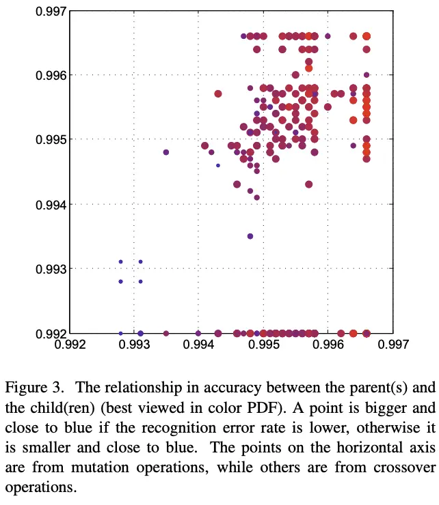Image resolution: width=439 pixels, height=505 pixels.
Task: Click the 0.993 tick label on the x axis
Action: pos(134,346)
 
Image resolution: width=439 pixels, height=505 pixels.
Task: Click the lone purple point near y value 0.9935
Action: pos(250,236)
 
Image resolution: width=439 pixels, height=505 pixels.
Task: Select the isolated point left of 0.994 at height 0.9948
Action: pos(166,152)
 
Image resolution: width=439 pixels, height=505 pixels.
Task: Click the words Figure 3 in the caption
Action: pos(34,388)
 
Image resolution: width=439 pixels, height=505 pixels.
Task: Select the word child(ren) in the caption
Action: pos(58,407)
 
